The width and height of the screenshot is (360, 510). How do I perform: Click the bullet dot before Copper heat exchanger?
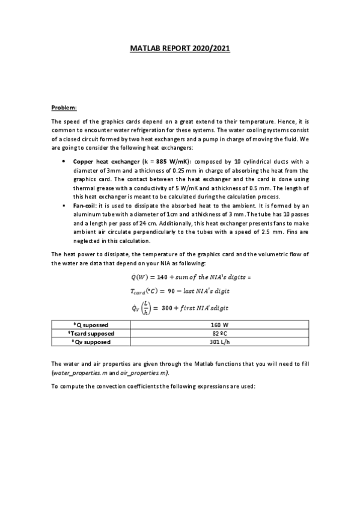64,162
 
